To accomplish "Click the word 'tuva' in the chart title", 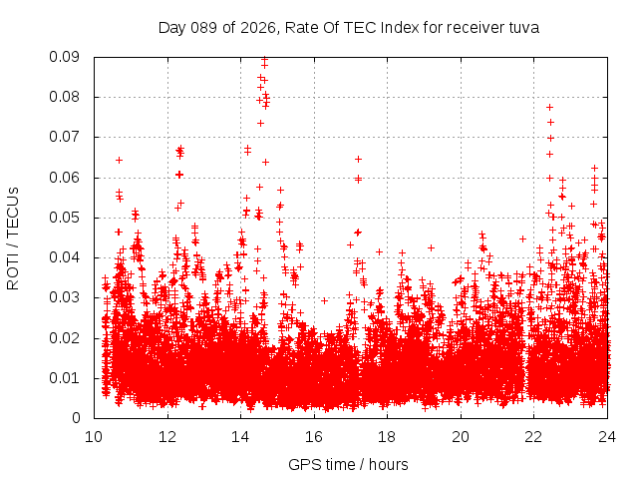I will pos(521,28).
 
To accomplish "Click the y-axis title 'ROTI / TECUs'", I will pos(14,238).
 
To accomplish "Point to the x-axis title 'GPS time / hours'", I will pos(348,464).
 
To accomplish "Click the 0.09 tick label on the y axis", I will pos(67,57).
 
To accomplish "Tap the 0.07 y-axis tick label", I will pos(67,137).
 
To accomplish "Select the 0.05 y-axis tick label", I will pos(67,218).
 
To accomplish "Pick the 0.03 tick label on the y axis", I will pos(67,297).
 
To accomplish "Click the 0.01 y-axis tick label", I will pos(67,377).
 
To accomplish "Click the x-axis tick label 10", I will pos(94,436).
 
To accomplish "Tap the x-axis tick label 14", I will pos(240,436).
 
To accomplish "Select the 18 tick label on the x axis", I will pos(388,436).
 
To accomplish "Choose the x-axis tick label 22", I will pos(534,436).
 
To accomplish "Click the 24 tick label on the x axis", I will pos(607,436).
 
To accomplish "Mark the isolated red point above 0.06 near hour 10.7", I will pos(119,160).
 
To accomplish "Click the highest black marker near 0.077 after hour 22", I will pos(549,107).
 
